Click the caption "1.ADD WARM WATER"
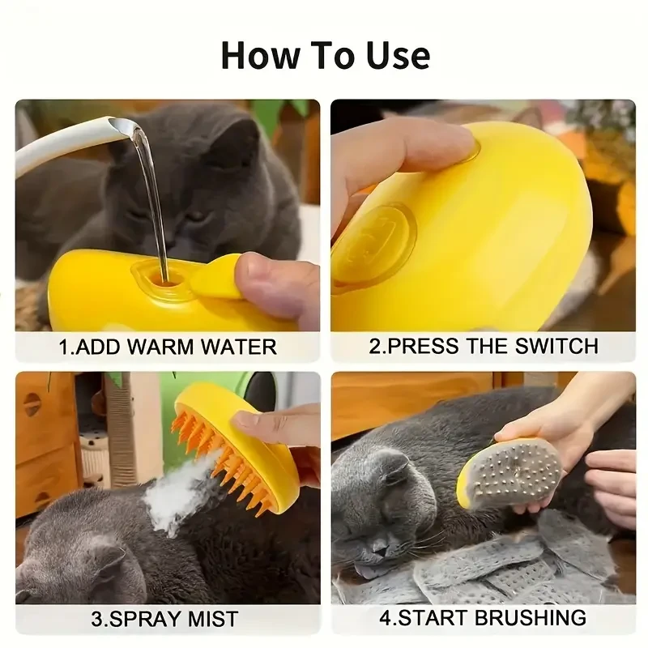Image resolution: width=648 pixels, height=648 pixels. click(168, 347)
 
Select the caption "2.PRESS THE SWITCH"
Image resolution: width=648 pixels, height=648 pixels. click(484, 346)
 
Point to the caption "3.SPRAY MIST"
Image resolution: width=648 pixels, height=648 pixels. click(164, 620)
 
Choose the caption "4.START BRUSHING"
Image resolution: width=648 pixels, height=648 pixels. click(483, 617)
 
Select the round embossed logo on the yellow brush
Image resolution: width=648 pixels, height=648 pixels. click(373, 243)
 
